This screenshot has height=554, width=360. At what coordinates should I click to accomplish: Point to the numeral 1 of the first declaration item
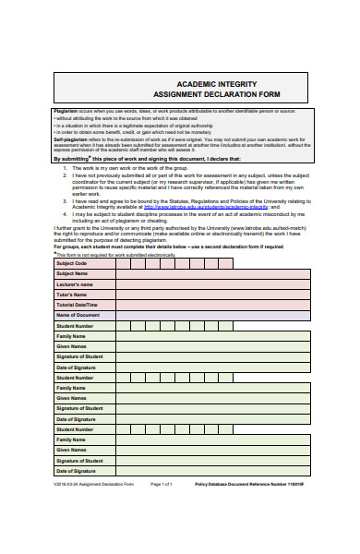click(65, 169)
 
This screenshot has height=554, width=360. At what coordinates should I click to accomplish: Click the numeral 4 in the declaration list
click(65, 215)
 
